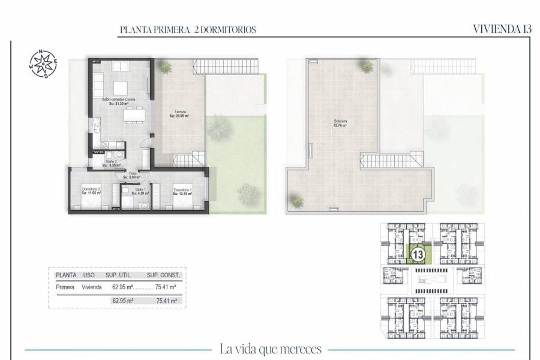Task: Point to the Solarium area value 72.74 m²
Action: point(341,126)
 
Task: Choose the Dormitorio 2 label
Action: point(91,191)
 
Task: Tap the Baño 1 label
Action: point(140,191)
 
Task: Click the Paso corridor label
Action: point(131,176)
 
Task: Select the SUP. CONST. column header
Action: point(163,275)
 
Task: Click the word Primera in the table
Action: point(65,287)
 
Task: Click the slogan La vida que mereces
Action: point(271,349)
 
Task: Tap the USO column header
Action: point(89,275)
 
